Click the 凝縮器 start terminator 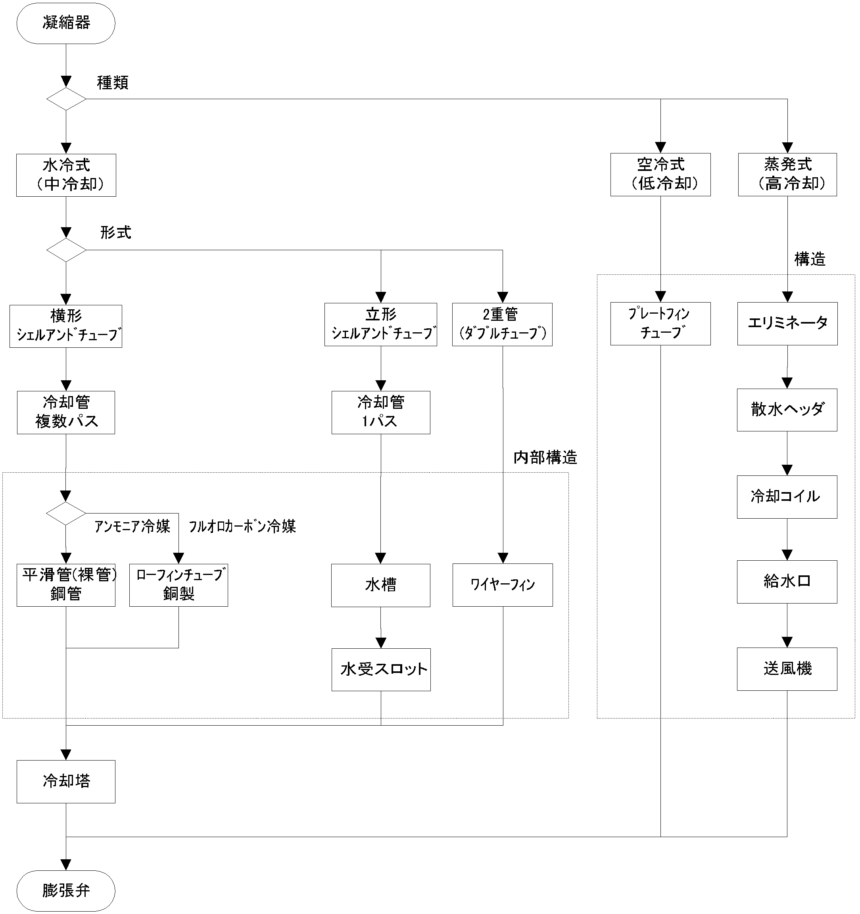coord(66,23)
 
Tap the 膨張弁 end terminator coord(66,890)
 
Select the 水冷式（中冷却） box coord(66,175)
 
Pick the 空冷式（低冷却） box coord(660,175)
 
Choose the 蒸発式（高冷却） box coord(787,175)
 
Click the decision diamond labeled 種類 coord(66,99)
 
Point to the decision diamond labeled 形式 coord(66,250)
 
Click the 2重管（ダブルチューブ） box coord(502,325)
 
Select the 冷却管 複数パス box coord(66,412)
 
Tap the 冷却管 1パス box coord(381,412)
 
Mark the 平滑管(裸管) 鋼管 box coord(66,585)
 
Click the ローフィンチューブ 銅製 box coord(179,585)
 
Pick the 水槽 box coord(381,585)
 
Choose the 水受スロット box coord(381,669)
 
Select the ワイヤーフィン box coord(503,585)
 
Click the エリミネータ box coord(787,324)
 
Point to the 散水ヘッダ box coord(787,410)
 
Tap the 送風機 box coord(787,669)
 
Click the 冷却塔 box coord(66,782)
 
